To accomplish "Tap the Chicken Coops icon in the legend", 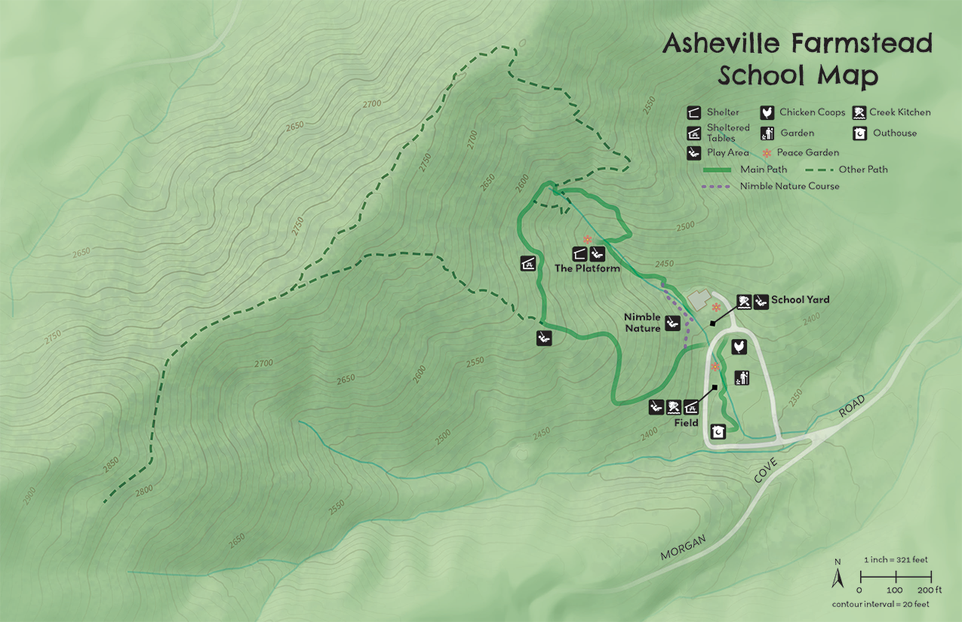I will (x=767, y=112).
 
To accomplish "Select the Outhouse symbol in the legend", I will (x=859, y=133).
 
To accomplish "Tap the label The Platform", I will (x=587, y=268).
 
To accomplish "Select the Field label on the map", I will (x=687, y=423).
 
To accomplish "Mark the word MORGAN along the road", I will (x=684, y=547).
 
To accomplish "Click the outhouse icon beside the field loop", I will (x=718, y=432).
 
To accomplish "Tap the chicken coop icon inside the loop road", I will (x=739, y=346).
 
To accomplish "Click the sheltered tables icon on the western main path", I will (x=529, y=264).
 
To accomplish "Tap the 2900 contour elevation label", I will (x=29, y=495).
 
